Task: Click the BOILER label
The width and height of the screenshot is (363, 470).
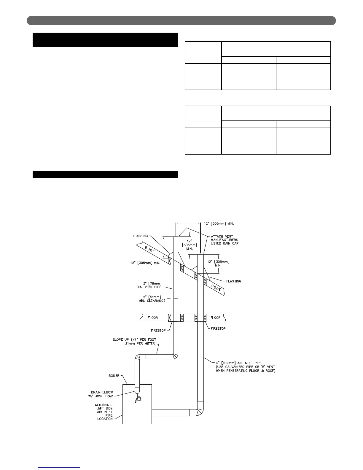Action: (x=114, y=376)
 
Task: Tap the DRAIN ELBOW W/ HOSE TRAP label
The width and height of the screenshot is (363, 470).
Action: (x=102, y=394)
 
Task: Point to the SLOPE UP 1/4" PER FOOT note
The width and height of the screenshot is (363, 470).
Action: (x=134, y=342)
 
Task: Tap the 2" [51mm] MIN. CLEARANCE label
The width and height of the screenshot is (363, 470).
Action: (x=152, y=299)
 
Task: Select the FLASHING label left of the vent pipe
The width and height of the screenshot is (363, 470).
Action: (x=140, y=236)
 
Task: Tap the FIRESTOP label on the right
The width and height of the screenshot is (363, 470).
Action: (x=218, y=328)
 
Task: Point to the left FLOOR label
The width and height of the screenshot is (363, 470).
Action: (x=153, y=318)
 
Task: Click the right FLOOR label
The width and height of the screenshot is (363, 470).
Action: (x=215, y=318)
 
